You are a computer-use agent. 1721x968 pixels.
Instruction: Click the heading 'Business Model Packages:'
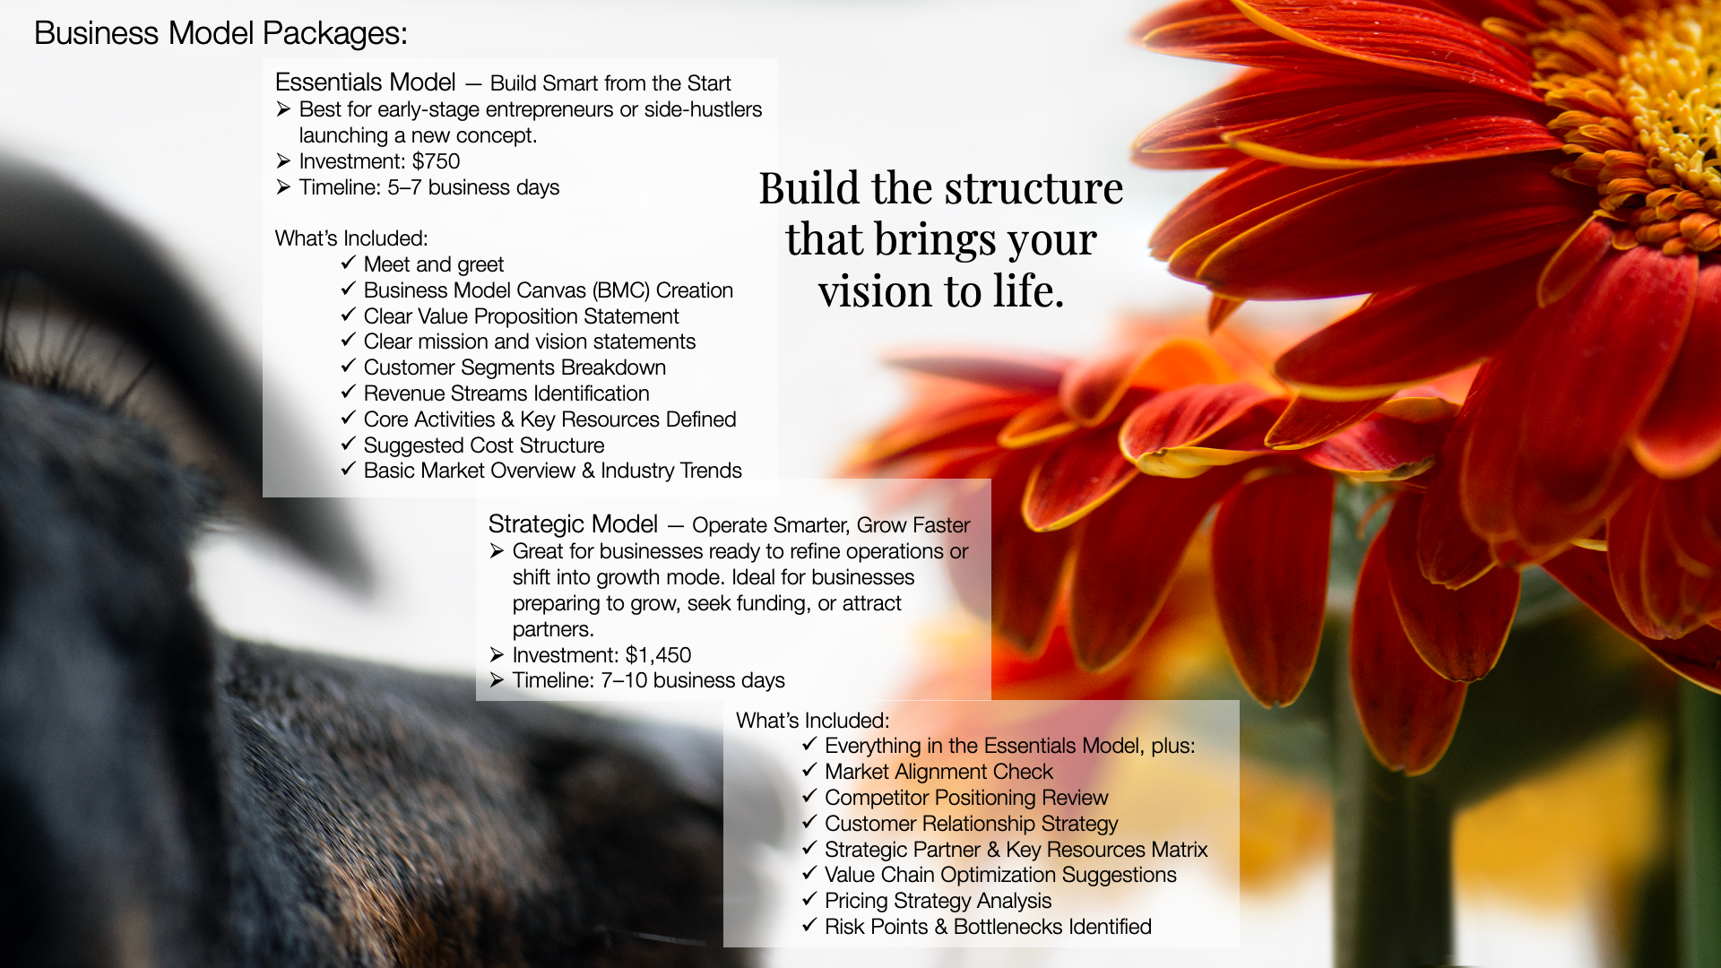(221, 33)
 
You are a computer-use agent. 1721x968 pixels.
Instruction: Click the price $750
(436, 161)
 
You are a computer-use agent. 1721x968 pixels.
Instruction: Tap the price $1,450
(658, 655)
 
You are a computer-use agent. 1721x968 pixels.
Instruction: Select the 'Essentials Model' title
(365, 82)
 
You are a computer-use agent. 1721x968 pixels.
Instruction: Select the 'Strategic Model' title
(573, 524)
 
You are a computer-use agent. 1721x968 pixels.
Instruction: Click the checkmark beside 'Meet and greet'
(349, 264)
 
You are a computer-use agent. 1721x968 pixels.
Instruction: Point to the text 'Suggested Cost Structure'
(483, 445)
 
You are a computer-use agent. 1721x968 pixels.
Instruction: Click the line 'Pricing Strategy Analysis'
(938, 901)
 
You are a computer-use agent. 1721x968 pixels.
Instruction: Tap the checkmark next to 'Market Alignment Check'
(809, 771)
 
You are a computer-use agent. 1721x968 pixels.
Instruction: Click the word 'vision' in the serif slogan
(875, 291)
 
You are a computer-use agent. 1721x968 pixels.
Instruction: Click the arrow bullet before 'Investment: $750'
(283, 161)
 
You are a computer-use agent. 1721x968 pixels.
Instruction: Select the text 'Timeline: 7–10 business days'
(648, 680)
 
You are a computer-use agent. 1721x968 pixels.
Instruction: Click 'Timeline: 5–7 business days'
(428, 187)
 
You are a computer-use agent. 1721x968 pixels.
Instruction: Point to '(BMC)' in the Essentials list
(620, 290)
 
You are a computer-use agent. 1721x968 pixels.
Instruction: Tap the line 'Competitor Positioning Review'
(966, 798)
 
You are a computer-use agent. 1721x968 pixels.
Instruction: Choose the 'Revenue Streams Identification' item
(506, 393)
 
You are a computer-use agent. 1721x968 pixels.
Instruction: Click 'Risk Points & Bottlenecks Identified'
(988, 927)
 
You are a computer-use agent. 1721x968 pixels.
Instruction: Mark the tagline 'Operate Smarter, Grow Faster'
(831, 525)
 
